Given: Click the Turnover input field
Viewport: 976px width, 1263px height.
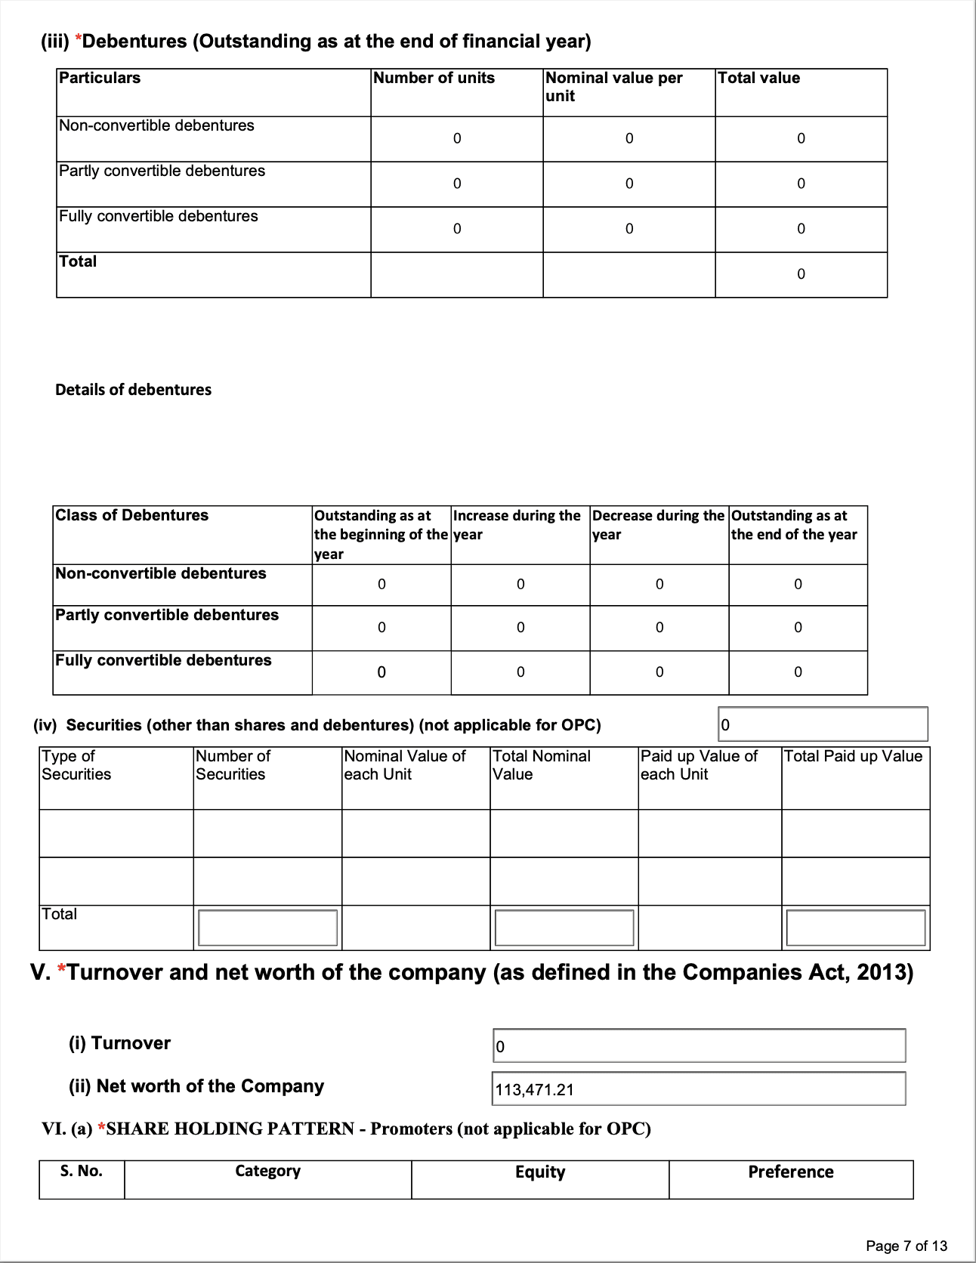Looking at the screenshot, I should click(x=699, y=1046).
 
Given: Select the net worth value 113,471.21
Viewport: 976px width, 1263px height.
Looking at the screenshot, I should click(x=535, y=1090).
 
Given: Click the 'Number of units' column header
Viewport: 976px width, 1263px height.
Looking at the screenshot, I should click(x=434, y=79).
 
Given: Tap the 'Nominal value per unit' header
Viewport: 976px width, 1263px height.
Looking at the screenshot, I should click(x=613, y=87).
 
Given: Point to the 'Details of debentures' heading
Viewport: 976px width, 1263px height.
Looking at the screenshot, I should click(x=134, y=390).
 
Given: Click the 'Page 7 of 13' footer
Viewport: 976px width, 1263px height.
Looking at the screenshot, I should click(x=906, y=1246).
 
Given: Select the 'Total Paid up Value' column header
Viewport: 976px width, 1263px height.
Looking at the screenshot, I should click(x=853, y=757).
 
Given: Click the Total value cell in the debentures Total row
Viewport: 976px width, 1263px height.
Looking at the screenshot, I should click(x=801, y=274).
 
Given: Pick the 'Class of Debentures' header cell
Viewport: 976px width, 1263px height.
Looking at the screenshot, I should click(x=132, y=516).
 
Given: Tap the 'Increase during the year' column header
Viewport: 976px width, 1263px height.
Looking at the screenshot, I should click(x=517, y=525).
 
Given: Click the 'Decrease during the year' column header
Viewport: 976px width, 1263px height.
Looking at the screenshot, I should click(x=657, y=525).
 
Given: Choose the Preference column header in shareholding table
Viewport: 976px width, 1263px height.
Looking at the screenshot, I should click(x=791, y=1172).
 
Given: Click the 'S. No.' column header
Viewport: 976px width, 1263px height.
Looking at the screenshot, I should click(x=82, y=1172).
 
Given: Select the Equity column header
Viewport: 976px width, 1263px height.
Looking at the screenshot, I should click(x=540, y=1172).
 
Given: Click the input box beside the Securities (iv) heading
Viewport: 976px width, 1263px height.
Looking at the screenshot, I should click(x=823, y=725).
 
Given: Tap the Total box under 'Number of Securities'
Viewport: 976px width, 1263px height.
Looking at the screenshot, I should click(x=267, y=928).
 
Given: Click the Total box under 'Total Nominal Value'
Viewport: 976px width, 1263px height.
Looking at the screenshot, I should click(x=564, y=928).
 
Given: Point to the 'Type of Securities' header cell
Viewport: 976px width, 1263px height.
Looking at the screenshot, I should click(x=76, y=765).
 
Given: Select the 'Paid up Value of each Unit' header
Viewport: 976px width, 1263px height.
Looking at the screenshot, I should click(x=699, y=765).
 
